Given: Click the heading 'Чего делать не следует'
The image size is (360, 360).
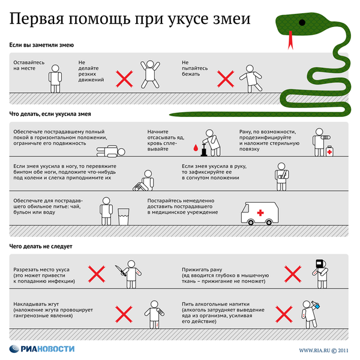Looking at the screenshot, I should coord(41,246).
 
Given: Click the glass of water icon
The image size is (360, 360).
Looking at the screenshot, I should coord(124,215).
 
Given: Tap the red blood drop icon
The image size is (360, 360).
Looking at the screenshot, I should coord(195,146).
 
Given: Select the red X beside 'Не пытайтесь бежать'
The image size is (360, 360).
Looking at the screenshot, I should coord(225,78).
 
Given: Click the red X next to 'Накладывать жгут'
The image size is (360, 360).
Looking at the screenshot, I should coord(123,313).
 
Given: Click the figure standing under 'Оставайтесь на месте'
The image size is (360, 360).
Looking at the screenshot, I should coord(55,77).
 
